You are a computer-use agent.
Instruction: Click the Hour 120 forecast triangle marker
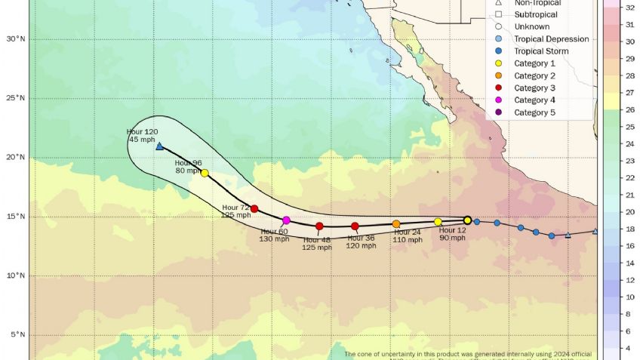coord(159,146)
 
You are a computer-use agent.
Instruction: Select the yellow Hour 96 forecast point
coord(205,173)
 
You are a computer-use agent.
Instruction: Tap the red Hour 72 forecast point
coord(254,209)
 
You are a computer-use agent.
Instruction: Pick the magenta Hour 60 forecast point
coord(286,220)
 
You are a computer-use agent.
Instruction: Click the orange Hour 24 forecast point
coord(396,224)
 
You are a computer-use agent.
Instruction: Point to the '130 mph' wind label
coord(275,239)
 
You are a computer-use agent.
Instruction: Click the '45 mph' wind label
coord(143,140)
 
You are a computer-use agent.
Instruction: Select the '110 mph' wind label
coord(407,239)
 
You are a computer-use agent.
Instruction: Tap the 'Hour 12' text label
coord(453,229)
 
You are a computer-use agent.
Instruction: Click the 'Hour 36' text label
coord(361,238)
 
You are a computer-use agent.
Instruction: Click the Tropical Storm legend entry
coord(541,51)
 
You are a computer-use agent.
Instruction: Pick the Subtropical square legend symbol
coord(499,14)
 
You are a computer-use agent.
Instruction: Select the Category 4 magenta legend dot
coord(499,100)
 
